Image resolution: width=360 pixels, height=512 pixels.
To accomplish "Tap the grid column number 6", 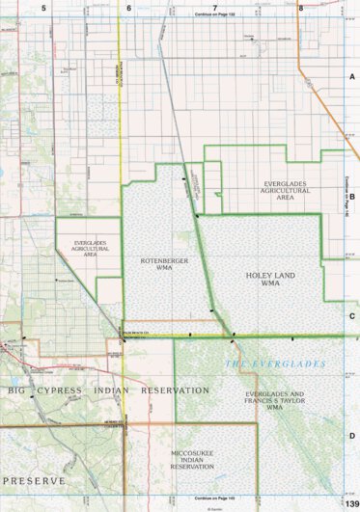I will click(x=128, y=7).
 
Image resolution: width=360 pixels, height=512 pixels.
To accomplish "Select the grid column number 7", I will click(x=215, y=7).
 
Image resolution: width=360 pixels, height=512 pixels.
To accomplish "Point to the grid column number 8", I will click(x=301, y=7).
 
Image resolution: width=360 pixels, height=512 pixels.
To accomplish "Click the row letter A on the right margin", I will click(x=352, y=75).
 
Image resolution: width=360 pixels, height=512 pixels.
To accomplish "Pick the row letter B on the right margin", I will click(x=352, y=196).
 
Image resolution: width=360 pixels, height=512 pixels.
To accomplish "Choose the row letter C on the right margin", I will click(x=352, y=315).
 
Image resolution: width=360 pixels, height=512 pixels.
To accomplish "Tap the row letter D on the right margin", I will click(x=352, y=436).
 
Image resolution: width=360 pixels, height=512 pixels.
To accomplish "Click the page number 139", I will click(x=351, y=505).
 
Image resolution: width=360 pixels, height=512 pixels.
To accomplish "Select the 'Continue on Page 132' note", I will click(x=215, y=15).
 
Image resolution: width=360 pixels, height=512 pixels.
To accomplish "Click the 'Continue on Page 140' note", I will click(x=345, y=196).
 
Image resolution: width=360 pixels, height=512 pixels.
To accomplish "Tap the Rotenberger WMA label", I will click(x=154, y=265).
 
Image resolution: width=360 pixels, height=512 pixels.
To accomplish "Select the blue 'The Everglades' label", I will click(x=275, y=364).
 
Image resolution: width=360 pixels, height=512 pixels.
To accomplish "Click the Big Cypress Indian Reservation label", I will click(x=108, y=391).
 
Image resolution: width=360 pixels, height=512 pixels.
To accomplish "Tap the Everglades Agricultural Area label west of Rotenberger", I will click(x=82, y=245).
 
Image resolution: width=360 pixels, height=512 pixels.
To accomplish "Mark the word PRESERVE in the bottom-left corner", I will click(x=34, y=479).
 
